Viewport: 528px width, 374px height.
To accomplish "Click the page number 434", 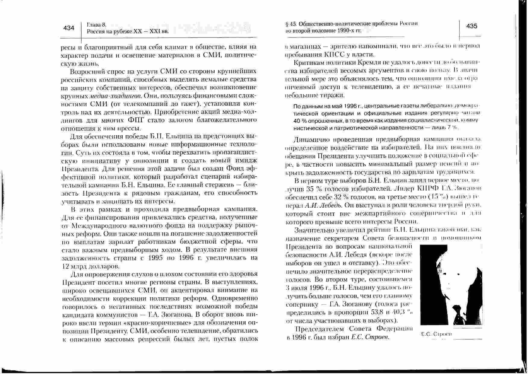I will point(69,28).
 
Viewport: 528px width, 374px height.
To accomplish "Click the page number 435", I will point(472,26).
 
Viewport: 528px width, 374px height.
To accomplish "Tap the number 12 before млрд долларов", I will point(65,267).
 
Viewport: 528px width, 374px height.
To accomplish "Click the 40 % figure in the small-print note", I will point(298,121).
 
